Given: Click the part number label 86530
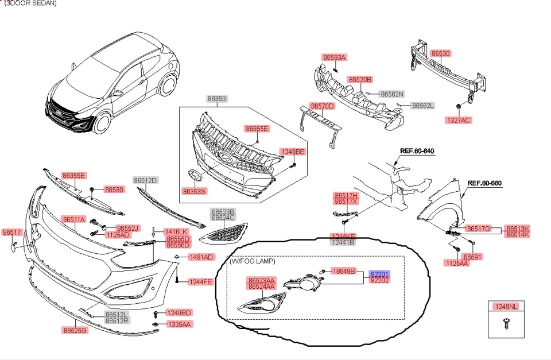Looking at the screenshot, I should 440,53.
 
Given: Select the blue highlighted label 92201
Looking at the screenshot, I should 379,274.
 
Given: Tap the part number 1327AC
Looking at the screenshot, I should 458,120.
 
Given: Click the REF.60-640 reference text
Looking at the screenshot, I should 417,151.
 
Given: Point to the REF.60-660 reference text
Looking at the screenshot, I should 484,183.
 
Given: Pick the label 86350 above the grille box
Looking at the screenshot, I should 217,99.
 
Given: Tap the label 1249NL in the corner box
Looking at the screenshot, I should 506,307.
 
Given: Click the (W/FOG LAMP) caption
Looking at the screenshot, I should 252,261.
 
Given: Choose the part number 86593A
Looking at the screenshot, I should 334,57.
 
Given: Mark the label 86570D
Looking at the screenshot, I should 322,106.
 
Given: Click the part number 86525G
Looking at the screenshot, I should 75,330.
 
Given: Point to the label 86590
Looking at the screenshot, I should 114,189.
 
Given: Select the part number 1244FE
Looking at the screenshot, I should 200,282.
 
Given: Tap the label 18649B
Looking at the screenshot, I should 344,270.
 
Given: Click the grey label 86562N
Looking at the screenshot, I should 393,94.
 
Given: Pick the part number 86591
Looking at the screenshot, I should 472,257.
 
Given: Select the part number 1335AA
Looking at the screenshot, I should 179,324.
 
